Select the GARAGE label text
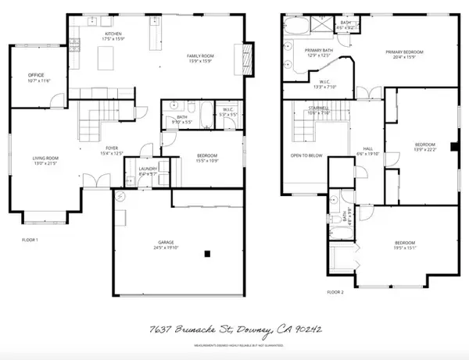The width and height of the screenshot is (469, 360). pos(161,245)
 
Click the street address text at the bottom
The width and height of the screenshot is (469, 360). pos(234,331)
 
